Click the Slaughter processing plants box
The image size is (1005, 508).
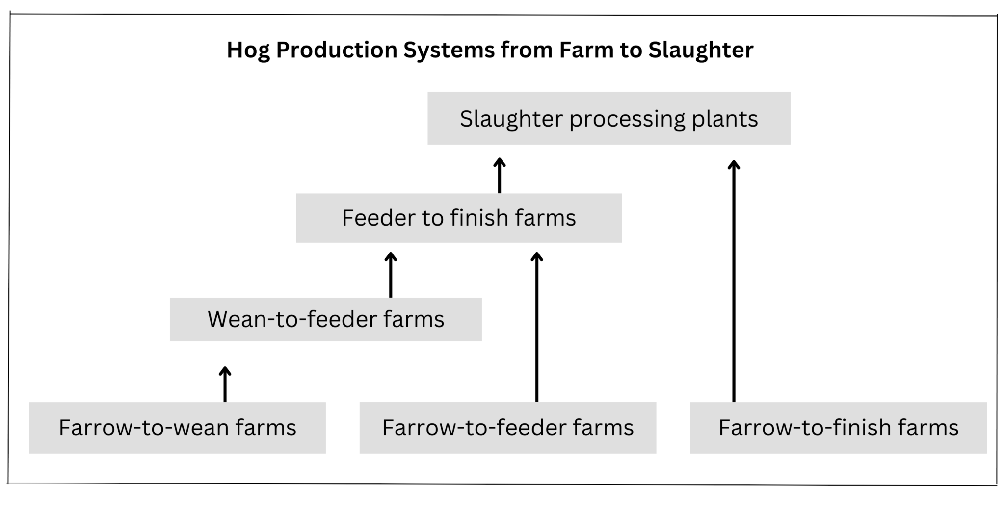tap(608, 118)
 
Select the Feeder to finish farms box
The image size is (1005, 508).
tap(459, 218)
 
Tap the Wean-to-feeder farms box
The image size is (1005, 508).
tap(325, 319)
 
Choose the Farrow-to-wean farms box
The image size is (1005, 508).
tap(177, 428)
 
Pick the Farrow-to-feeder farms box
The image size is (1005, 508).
tap(508, 428)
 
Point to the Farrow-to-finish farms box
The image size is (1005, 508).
tap(838, 428)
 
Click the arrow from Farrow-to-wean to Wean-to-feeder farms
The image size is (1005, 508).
tap(225, 384)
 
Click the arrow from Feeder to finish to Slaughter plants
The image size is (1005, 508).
tap(500, 175)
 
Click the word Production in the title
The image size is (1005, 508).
tap(336, 50)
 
